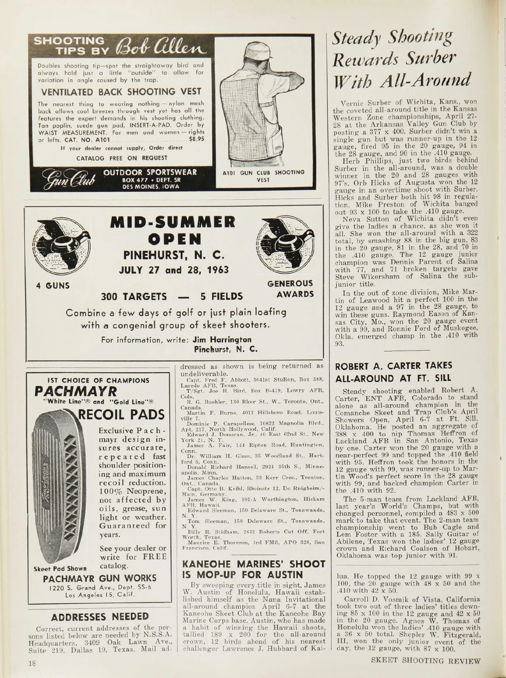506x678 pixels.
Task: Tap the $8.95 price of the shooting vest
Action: point(196,138)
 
